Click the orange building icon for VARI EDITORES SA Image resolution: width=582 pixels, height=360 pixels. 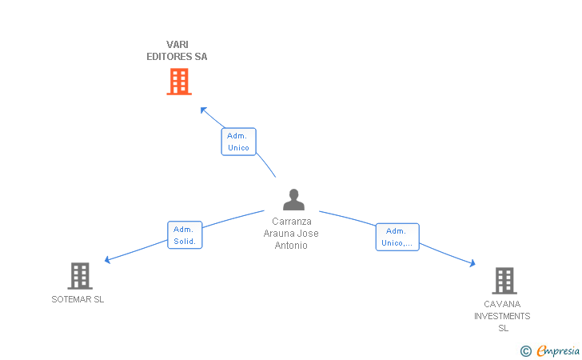point(179,82)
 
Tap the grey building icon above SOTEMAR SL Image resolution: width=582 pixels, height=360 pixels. point(80,276)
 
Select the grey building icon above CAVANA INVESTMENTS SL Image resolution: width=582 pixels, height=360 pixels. point(504,281)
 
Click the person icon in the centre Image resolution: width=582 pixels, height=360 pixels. point(293,199)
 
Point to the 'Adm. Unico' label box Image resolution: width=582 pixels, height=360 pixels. point(239,142)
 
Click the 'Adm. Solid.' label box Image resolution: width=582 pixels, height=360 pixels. point(185,234)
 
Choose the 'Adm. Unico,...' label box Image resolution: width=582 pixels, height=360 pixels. point(397,237)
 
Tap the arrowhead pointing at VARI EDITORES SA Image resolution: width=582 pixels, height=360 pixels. point(203,110)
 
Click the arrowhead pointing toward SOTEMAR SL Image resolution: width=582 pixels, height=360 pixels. point(107,260)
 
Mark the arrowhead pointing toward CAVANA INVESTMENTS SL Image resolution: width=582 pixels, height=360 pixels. point(472,263)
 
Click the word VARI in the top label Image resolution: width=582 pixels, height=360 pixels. point(177,45)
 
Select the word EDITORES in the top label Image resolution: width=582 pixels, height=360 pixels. point(169,57)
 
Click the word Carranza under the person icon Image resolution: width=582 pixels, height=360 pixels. point(291,222)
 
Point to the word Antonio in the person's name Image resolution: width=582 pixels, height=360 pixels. point(291,246)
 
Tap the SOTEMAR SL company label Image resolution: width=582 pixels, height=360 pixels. point(78,299)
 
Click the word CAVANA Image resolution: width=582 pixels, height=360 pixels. point(502,304)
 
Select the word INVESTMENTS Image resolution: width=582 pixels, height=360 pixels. point(502,316)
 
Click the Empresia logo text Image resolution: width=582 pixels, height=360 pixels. point(558,350)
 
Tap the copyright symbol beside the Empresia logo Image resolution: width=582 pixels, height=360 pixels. point(526,351)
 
